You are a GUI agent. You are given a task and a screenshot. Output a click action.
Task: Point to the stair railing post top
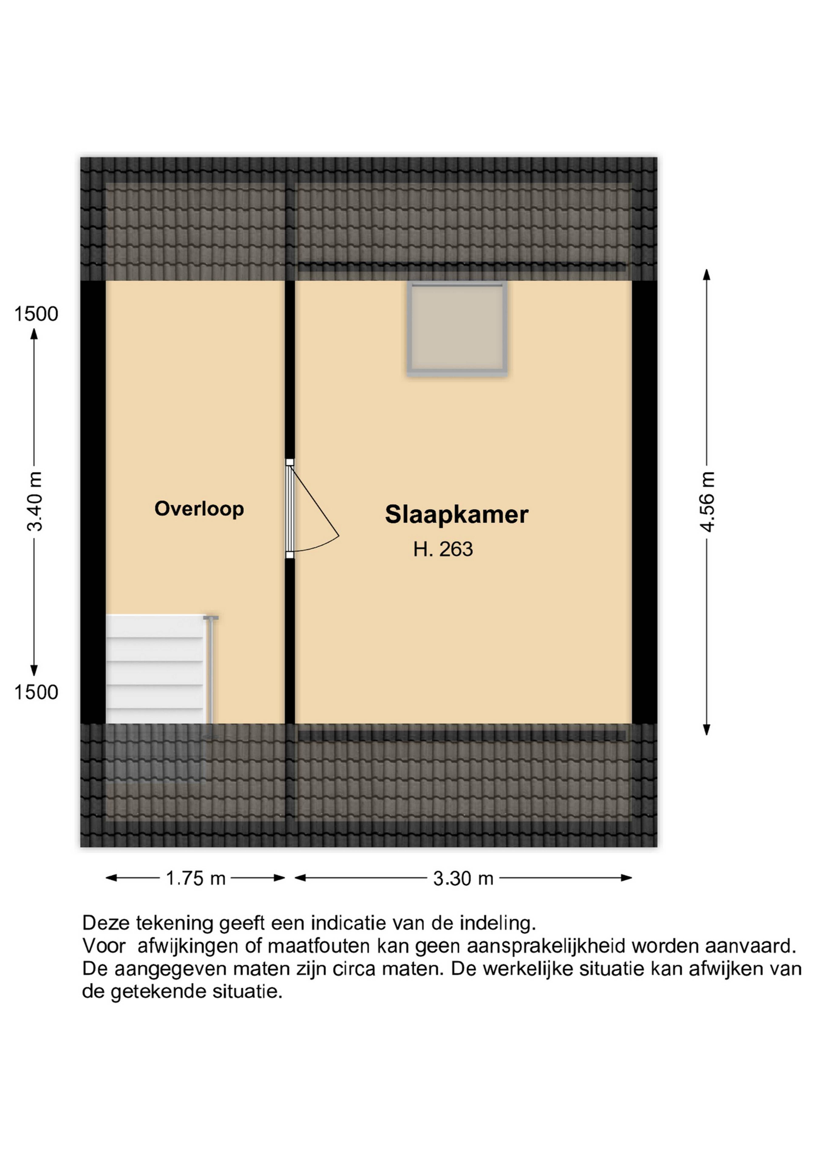click(211, 617)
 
